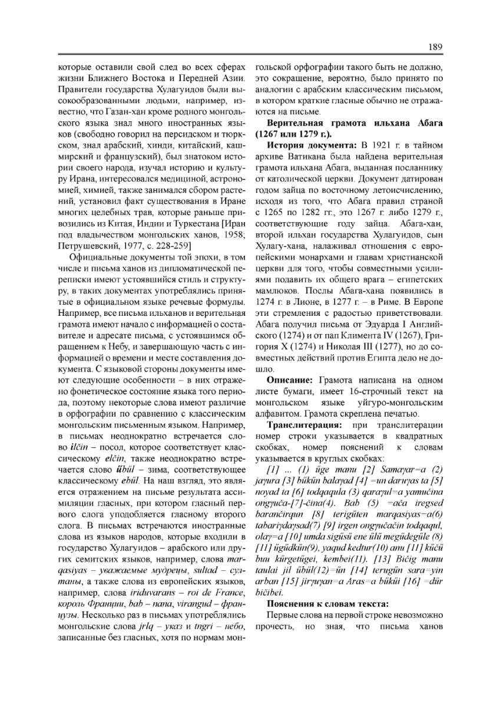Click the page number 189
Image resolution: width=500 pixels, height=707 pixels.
coord(436,47)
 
